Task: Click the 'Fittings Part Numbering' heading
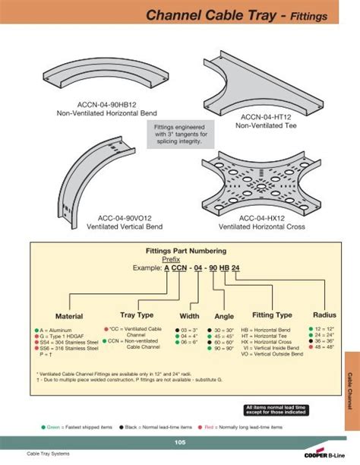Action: [x=181, y=250]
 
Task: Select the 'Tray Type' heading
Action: [x=137, y=315]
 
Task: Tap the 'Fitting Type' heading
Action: [x=272, y=315]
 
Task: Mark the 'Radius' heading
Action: [x=324, y=315]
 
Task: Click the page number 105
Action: [x=180, y=442]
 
